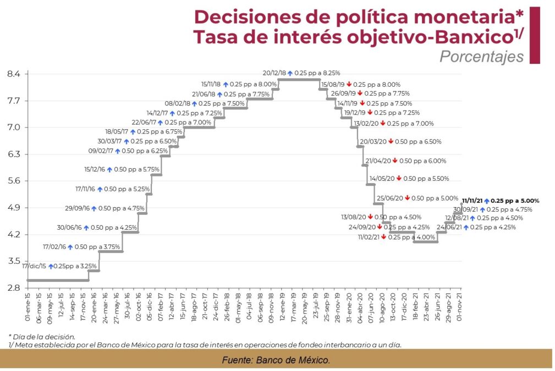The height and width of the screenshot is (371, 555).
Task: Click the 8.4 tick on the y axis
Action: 14,74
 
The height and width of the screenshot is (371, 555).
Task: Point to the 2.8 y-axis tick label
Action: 14,288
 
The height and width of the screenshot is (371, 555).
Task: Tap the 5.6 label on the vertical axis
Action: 14,181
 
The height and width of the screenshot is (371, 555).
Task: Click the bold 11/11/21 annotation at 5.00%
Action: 501,201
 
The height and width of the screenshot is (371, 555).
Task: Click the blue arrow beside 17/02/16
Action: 70,247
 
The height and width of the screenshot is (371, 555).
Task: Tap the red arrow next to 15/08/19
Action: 349,85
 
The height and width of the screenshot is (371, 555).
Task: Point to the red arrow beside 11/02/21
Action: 383,237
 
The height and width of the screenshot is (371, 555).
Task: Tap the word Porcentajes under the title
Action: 481,57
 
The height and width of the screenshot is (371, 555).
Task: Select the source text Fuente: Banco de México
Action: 276,360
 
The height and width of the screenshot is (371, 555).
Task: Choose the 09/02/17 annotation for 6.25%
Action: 124,151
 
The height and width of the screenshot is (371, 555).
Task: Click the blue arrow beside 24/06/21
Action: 465,227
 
